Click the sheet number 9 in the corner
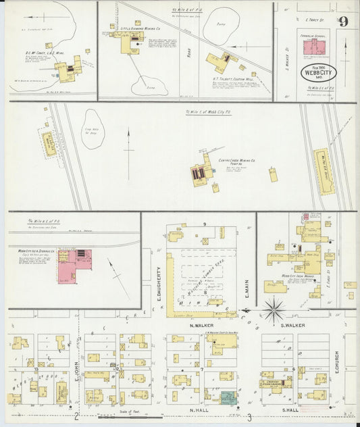(x=344, y=21)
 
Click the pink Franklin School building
(x=312, y=47)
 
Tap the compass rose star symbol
(x=274, y=311)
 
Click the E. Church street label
(x=336, y=367)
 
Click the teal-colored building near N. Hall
(x=228, y=398)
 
